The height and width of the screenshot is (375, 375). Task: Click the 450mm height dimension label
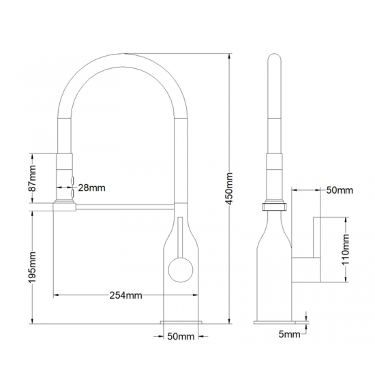tap(229, 188)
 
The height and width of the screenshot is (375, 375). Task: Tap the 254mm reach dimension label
tap(126, 295)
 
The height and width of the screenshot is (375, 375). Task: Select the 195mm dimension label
tap(32, 267)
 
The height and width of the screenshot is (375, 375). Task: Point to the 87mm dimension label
tap(32, 179)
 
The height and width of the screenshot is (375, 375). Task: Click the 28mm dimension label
tap(91, 187)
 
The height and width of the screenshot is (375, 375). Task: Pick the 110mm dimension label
tap(346, 250)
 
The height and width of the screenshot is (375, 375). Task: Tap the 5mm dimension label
tap(289, 334)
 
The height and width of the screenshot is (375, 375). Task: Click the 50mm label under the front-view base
tap(181, 337)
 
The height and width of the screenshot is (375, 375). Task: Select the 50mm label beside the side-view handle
tap(340, 190)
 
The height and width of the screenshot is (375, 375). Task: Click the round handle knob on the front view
tap(181, 270)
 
